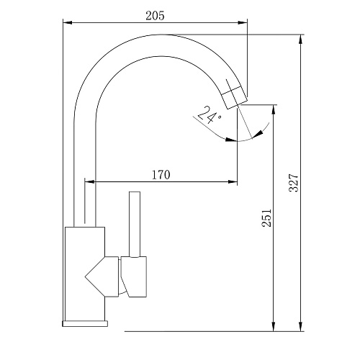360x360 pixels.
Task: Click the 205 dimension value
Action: (155, 16)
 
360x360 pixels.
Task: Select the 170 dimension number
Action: (161, 175)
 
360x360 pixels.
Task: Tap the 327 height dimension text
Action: (294, 183)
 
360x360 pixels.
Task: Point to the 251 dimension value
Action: (266, 217)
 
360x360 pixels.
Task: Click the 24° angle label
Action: (208, 114)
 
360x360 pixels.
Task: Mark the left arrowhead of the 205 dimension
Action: (68, 22)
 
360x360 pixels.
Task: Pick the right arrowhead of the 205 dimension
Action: (243, 22)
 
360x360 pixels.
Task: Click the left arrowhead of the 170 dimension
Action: (89, 181)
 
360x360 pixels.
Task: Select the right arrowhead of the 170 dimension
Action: (233, 181)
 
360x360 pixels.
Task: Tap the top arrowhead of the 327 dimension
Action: (300, 40)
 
